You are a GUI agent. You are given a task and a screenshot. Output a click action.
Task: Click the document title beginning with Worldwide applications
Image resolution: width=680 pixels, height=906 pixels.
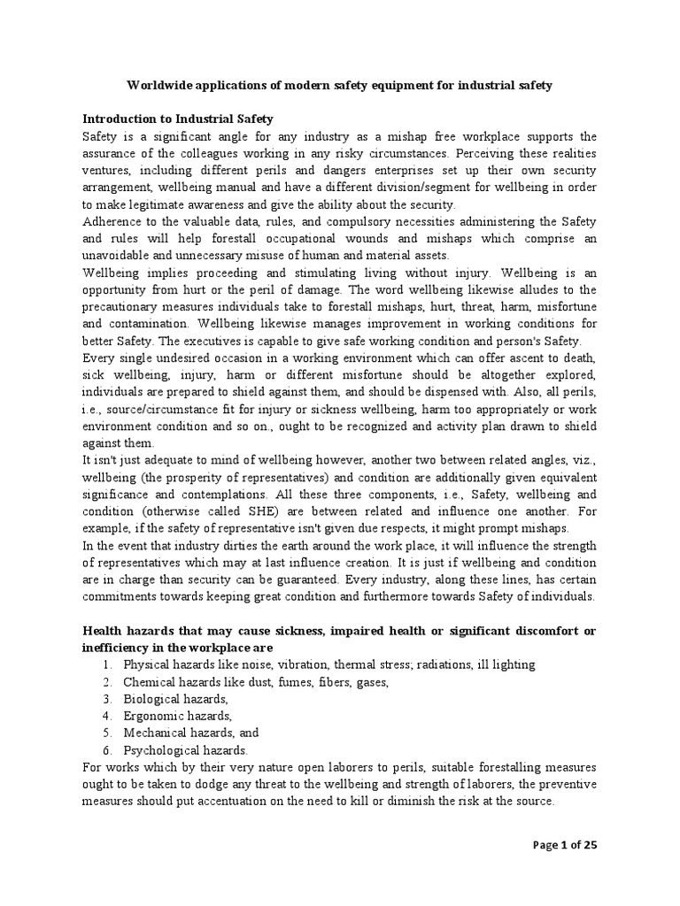tap(339, 86)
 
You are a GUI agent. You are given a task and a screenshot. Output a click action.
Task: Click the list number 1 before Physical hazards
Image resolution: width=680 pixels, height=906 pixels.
tap(105, 664)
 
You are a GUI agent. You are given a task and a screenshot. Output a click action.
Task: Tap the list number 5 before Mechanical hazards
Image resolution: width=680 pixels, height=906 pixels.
tap(105, 732)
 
